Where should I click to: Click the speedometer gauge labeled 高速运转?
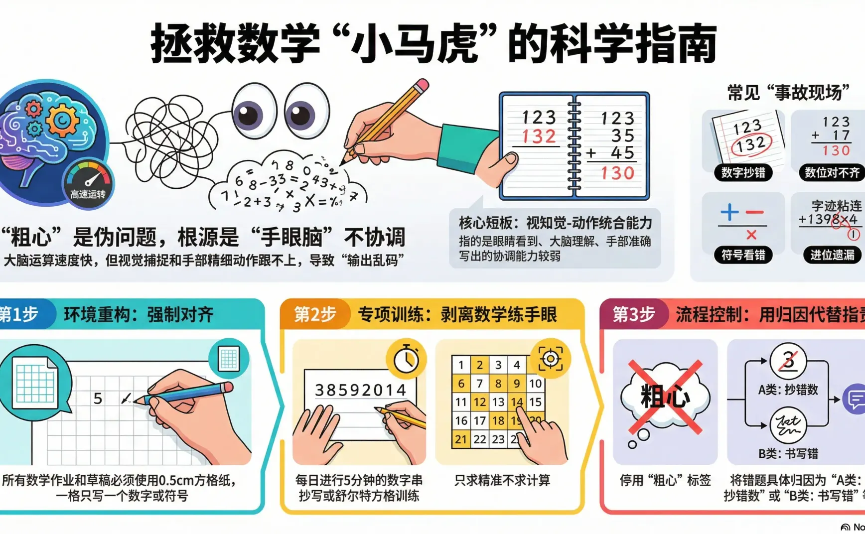tap(89, 182)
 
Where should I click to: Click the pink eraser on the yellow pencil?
tap(422, 86)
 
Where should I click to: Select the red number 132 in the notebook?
tap(539, 136)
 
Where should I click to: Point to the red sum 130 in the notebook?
tap(617, 173)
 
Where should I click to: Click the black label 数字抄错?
tap(743, 173)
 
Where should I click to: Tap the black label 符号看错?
tap(743, 255)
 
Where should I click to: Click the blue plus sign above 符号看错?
tap(729, 212)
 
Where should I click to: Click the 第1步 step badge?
tap(20, 314)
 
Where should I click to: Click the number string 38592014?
tap(361, 390)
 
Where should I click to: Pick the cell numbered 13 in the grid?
tap(498, 402)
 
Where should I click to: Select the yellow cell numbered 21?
tap(461, 439)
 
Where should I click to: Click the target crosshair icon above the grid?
tap(550, 359)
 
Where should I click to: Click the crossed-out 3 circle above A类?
tap(788, 360)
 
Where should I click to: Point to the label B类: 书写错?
tap(788, 454)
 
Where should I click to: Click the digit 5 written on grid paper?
tap(98, 399)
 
